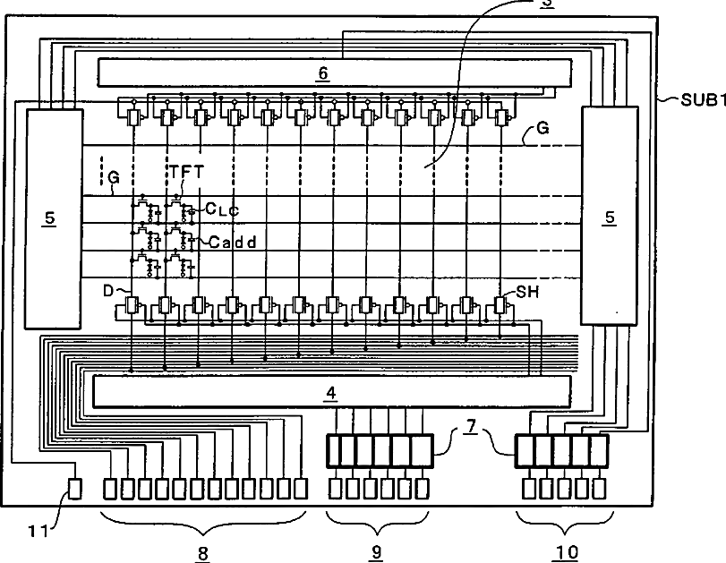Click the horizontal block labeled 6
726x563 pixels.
pos(333,72)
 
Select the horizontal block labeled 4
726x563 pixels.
pos(331,391)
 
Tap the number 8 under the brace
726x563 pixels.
pos(203,553)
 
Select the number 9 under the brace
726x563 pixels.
pos(376,553)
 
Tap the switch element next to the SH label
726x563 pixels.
pos(500,306)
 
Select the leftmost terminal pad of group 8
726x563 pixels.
pos(111,489)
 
